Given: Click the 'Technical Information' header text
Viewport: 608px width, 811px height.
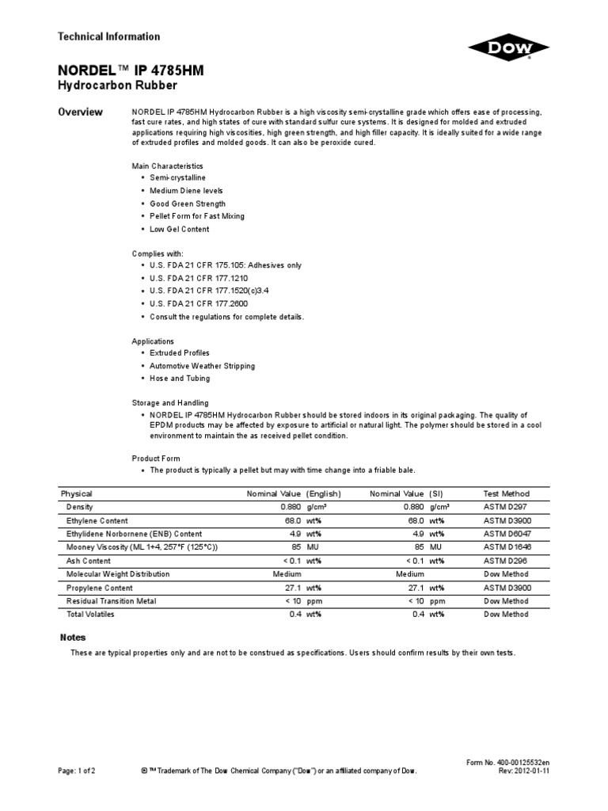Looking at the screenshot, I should [x=109, y=36].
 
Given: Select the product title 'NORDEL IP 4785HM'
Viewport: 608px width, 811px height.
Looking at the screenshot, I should [x=131, y=70].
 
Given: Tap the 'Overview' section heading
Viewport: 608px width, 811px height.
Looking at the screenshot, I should [x=82, y=112].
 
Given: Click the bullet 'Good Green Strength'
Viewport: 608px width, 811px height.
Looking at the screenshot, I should [x=188, y=204].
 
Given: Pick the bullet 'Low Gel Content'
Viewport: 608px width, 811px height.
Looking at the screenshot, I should [x=180, y=229].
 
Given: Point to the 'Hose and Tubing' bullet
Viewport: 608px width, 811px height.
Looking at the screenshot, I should [x=180, y=379].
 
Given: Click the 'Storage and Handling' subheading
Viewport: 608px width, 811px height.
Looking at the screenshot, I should [x=170, y=403].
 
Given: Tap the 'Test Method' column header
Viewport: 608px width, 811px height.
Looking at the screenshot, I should [x=506, y=493].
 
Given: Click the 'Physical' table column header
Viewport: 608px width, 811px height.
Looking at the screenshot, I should [x=77, y=493].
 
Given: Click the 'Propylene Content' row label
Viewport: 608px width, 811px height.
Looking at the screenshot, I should [x=100, y=588].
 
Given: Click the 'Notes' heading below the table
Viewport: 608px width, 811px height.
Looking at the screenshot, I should [x=73, y=638].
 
